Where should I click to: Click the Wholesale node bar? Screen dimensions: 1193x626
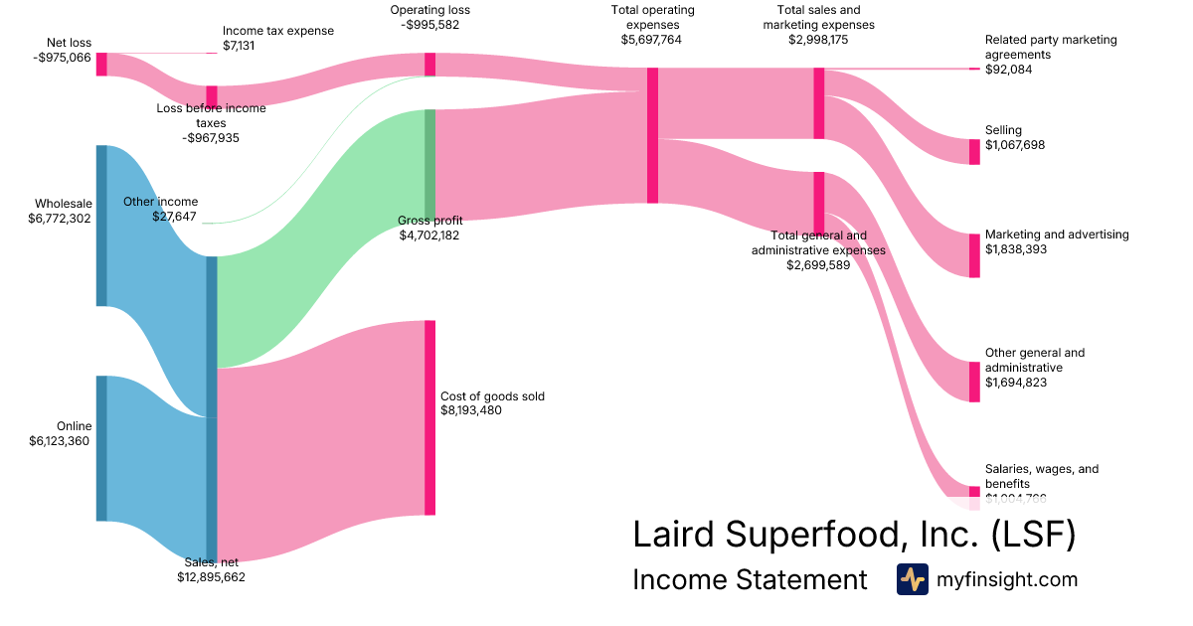pyautogui.click(x=101, y=226)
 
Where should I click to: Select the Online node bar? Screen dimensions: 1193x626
pyautogui.click(x=101, y=448)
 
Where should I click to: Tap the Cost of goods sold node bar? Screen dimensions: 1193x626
pyautogui.click(x=429, y=417)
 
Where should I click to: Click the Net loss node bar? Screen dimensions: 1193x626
pyautogui.click(x=101, y=64)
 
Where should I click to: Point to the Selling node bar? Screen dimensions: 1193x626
pyautogui.click(x=974, y=151)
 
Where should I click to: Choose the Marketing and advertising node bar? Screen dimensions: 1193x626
pyautogui.click(x=974, y=255)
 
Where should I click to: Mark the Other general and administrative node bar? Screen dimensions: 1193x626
pyautogui.click(x=974, y=382)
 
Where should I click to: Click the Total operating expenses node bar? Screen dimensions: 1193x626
pyautogui.click(x=652, y=135)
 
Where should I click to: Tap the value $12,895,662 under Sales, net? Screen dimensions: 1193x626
pyautogui.click(x=211, y=576)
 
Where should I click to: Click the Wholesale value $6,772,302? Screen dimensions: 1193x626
pyautogui.click(x=61, y=219)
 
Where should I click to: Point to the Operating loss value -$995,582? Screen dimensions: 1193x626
pyautogui.click(x=430, y=25)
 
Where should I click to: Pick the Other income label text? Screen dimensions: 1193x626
pyautogui.click(x=160, y=202)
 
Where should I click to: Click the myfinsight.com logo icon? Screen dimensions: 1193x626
pyautogui.click(x=912, y=579)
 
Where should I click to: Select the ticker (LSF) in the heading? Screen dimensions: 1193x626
pyautogui.click(x=1034, y=535)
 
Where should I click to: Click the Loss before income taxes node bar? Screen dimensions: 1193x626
pyautogui.click(x=211, y=96)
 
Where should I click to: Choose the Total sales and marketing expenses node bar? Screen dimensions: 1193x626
pyautogui.click(x=819, y=103)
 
